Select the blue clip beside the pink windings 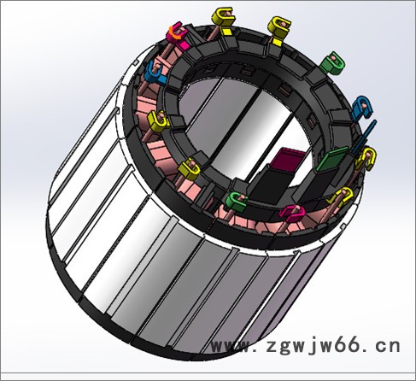pyautogui.click(x=155, y=73)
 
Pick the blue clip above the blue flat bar pyautogui.click(x=362, y=107)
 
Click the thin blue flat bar pyautogui.click(x=365, y=137)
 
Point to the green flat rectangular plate pyautogui.click(x=331, y=160)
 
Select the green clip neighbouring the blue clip pyautogui.click(x=332, y=63)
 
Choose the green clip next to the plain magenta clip pyautogui.click(x=236, y=202)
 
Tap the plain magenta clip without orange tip pyautogui.click(x=292, y=213)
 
